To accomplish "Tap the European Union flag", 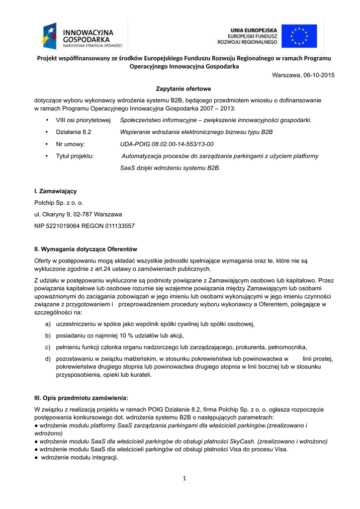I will [x=299, y=36].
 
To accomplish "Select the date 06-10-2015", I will [x=318, y=75].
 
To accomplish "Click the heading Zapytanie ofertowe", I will [x=183, y=89].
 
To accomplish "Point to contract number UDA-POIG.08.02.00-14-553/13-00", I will [x=167, y=144].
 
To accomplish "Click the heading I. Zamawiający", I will [x=55, y=191].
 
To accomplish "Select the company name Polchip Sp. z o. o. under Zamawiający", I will [x=59, y=203].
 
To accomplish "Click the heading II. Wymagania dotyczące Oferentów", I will [x=86, y=249].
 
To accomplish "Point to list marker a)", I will [x=48, y=324].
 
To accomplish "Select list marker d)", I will [x=48, y=358].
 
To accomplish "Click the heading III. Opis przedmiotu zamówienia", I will [x=81, y=398].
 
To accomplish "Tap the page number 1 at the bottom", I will [x=184, y=478].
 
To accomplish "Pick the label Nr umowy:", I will [x=71, y=144].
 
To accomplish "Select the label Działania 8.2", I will [x=74, y=132].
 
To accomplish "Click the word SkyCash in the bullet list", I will [x=231, y=441].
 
